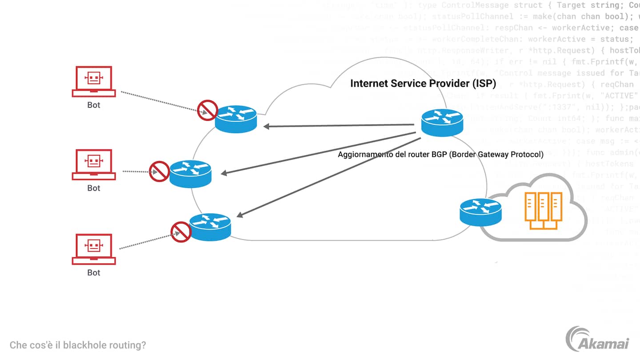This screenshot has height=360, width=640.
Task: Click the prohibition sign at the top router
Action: (x=207, y=110)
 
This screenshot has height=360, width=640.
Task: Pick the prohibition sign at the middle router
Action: (x=159, y=171)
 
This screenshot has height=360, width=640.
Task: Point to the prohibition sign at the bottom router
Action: (x=181, y=232)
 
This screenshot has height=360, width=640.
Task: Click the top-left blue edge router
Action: (x=236, y=119)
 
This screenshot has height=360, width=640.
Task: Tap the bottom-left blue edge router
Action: (x=210, y=227)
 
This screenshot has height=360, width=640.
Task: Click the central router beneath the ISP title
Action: (x=442, y=122)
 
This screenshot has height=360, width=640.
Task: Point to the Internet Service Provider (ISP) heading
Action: (x=423, y=84)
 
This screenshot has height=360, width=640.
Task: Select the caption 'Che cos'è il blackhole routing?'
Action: (x=78, y=345)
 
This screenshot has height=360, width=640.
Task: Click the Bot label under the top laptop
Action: (x=93, y=105)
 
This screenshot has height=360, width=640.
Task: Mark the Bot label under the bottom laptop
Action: (x=93, y=272)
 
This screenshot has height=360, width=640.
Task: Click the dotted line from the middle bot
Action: (x=136, y=171)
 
